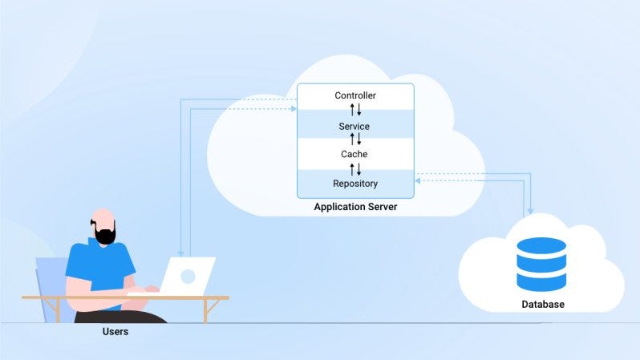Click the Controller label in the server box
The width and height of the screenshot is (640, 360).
pos(355,96)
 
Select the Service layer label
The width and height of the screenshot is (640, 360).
pos(354,127)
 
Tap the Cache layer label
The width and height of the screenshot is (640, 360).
pos(354,154)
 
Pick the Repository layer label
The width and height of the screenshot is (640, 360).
pos(355,184)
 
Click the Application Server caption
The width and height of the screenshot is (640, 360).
pos(355,208)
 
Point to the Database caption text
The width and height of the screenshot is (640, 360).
pos(543,305)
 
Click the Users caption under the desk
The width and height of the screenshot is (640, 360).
pos(115,331)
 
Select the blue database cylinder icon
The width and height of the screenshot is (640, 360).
pos(541,264)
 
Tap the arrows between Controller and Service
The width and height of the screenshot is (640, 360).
pos(355,111)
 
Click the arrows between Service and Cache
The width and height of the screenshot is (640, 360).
pos(355,140)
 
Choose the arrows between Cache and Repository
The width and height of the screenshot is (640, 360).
pos(355,169)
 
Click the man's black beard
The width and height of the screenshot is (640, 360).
pos(105,233)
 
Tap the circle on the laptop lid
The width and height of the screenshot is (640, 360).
pos(188,277)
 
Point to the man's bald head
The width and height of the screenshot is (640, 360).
pos(103,217)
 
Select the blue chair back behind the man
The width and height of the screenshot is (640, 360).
pos(50,277)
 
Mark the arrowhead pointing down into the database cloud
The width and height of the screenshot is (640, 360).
pos(530,211)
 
